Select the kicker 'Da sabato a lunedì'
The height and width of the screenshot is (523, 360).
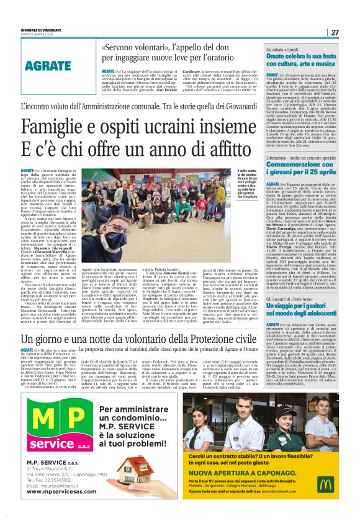click(281, 48)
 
